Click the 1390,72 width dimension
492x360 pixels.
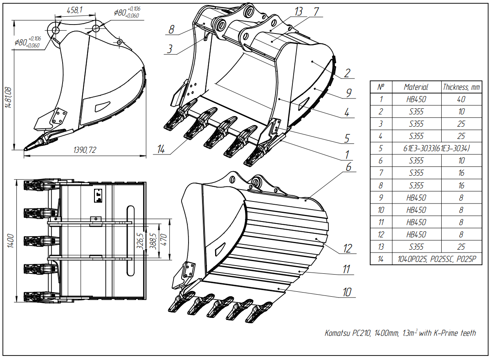tap(85, 150)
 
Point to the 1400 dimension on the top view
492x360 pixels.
tap(11, 241)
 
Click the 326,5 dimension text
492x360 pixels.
tap(140, 241)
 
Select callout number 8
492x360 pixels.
tap(171, 29)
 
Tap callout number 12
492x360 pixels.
tap(347, 248)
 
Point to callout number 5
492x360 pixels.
tap(346, 139)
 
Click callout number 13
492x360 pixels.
tap(299, 11)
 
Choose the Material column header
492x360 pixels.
tap(416, 87)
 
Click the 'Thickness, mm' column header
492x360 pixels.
tap(461, 87)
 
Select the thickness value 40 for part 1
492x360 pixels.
tap(461, 99)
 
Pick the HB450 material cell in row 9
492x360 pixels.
tap(416, 198)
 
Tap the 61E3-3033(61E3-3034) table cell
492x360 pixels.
tap(436, 149)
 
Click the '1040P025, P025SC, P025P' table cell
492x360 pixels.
tap(436, 259)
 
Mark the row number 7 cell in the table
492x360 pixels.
tap(381, 173)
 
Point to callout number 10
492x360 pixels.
tap(347, 292)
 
